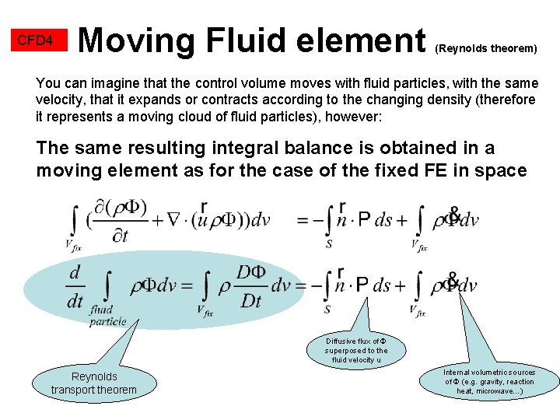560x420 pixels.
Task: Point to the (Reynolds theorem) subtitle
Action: [486, 48]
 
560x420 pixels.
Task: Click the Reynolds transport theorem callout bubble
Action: [93, 383]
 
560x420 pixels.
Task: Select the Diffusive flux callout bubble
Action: [356, 350]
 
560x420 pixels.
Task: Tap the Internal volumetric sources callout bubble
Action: [489, 381]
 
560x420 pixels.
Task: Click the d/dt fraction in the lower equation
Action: [75, 286]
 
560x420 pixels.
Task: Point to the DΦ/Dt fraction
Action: [251, 286]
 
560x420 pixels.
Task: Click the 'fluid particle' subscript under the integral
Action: [106, 315]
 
